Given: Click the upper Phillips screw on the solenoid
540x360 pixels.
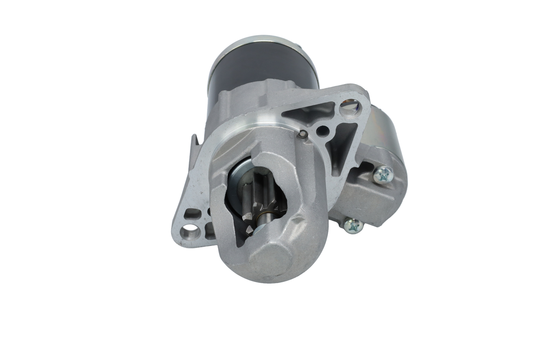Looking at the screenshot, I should [x=383, y=174].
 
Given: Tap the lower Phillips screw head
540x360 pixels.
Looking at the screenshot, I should [x=353, y=226].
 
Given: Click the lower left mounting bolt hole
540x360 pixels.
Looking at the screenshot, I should [x=189, y=231].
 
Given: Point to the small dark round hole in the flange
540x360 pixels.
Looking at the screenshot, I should [x=323, y=131].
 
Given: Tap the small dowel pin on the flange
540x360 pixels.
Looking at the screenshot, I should [x=302, y=134].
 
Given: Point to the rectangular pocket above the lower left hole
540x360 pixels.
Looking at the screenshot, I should [x=192, y=213].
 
